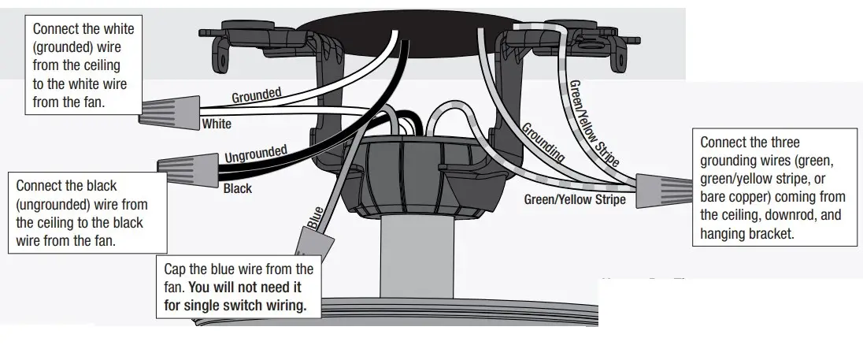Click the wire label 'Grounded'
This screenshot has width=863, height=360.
click(256, 95)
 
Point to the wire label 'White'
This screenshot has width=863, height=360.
click(217, 124)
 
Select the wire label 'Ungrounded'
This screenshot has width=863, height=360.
click(256, 153)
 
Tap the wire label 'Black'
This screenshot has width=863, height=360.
click(238, 189)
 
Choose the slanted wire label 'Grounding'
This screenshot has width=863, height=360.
click(543, 142)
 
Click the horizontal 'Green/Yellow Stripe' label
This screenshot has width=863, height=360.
click(575, 200)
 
